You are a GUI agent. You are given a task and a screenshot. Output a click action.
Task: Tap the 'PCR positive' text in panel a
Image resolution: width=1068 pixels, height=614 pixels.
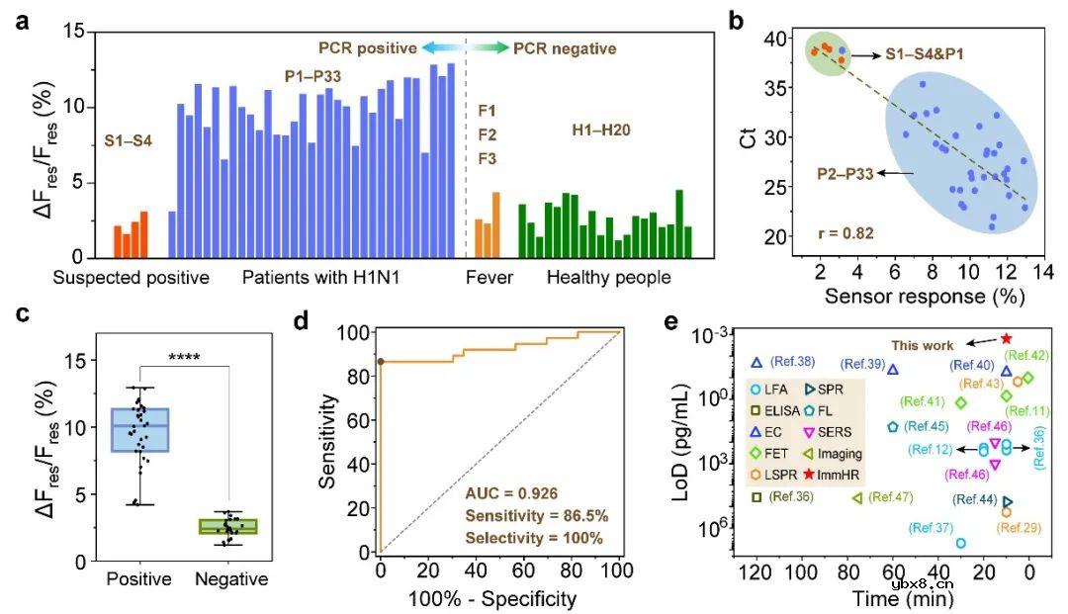tap(366, 47)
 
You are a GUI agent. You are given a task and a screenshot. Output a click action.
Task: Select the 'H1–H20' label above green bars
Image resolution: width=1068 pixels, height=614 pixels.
tap(601, 130)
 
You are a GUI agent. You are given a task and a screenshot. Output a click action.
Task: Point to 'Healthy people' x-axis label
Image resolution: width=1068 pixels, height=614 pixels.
tap(609, 278)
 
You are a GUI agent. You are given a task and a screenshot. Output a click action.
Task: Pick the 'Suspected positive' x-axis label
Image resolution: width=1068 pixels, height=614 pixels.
tap(132, 278)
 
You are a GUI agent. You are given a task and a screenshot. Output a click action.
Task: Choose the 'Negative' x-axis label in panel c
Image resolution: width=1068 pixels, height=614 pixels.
tap(230, 579)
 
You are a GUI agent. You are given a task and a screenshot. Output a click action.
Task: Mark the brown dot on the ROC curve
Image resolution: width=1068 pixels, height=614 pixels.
tap(381, 362)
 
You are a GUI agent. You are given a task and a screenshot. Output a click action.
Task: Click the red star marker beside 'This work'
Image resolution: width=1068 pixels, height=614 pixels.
tap(1006, 338)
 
